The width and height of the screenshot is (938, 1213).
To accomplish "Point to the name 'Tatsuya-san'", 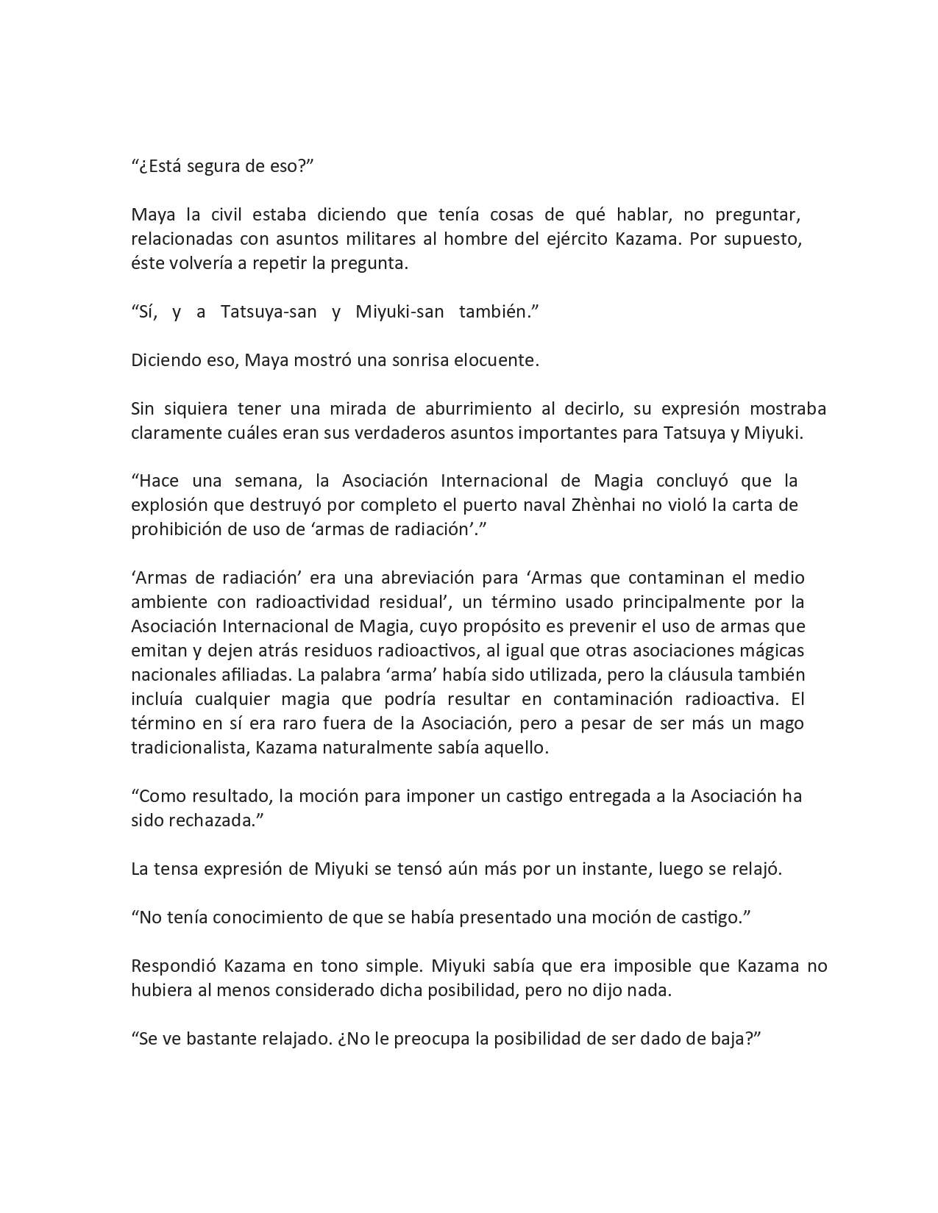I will pyautogui.click(x=269, y=312).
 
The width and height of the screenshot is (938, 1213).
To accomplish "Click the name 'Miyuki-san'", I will pyautogui.click(x=399, y=312).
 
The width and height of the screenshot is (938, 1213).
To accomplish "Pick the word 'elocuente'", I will pyautogui.click(x=500, y=360).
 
